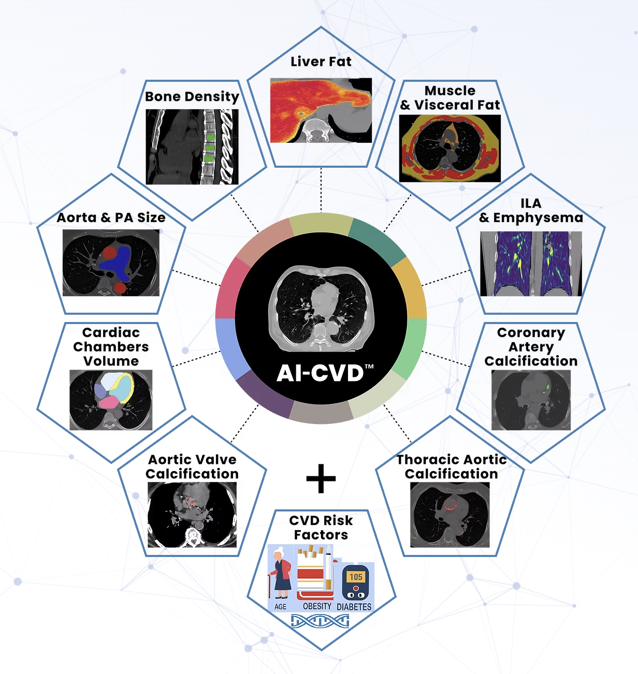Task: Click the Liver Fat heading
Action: [x=321, y=62]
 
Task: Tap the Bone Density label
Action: [x=192, y=97]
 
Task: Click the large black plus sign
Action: [x=321, y=478]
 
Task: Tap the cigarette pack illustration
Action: [x=313, y=572]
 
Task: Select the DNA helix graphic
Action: [x=320, y=621]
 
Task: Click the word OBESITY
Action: [x=317, y=606]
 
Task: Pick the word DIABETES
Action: [x=354, y=607]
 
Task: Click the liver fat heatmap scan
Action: [x=321, y=110]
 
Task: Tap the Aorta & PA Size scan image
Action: [x=111, y=263]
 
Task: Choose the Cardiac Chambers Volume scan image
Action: [x=111, y=400]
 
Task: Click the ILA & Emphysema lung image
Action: [x=531, y=263]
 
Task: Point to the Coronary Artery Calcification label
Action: [x=531, y=347]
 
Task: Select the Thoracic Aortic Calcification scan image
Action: [x=450, y=515]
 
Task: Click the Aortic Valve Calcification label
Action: [x=192, y=466]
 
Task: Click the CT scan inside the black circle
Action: [x=321, y=310]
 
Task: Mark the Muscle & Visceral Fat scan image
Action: [x=450, y=148]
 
